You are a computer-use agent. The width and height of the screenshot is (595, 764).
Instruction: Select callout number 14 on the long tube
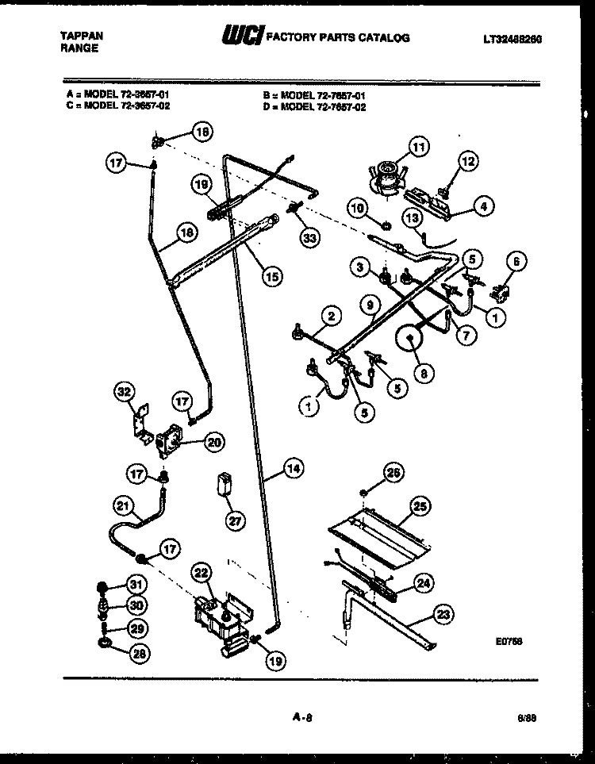[x=293, y=469]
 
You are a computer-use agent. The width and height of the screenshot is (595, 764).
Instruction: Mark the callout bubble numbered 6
[x=517, y=262]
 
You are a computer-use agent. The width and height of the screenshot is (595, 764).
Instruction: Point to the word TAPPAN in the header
[x=82, y=36]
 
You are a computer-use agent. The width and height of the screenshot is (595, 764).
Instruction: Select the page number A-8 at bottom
[x=299, y=719]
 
